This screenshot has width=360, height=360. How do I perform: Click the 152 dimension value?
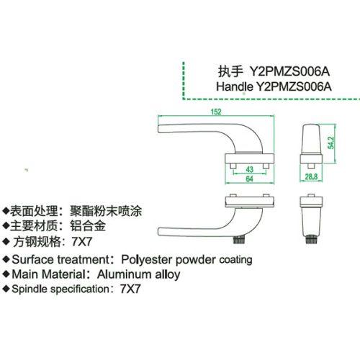click(216, 112)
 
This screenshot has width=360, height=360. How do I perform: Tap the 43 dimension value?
click(250, 169)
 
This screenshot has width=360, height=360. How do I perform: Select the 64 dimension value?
click(250, 179)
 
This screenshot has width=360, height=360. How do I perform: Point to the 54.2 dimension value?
click(330, 143)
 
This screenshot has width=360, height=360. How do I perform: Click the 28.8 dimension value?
click(311, 177)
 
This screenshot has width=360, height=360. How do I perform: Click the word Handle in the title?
click(235, 86)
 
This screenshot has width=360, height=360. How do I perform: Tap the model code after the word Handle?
click(294, 86)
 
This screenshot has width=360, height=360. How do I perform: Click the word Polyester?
click(147, 260)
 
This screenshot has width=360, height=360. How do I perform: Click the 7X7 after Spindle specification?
click(130, 289)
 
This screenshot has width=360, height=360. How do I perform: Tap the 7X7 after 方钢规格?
click(82, 242)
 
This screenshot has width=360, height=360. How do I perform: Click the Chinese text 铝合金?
click(88, 226)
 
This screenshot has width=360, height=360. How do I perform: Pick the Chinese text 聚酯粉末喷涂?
click(106, 211)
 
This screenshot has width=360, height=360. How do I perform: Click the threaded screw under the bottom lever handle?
click(238, 240)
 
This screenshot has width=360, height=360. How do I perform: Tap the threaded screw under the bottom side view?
click(311, 240)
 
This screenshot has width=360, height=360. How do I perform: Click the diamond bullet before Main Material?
click(6, 274)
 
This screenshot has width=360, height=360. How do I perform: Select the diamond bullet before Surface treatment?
click(6, 259)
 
